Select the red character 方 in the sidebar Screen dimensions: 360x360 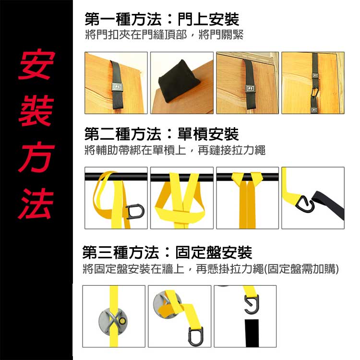(36, 156)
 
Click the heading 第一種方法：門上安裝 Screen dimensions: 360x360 (161, 20)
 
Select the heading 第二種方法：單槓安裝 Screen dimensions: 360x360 (161, 134)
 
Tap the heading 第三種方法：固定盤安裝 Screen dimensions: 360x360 (168, 252)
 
